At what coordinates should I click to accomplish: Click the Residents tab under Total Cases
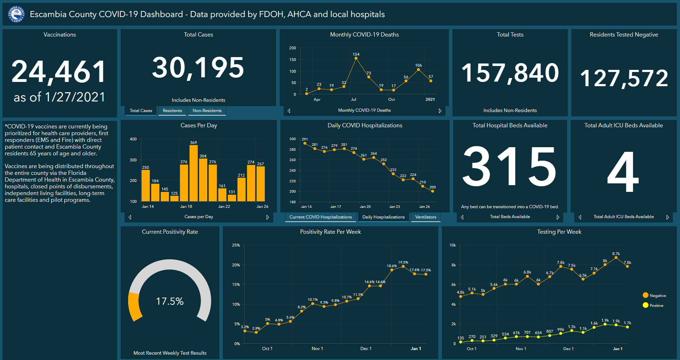tap(172, 111)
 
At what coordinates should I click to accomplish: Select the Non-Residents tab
tap(207, 111)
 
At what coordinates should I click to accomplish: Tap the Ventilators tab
tap(426, 217)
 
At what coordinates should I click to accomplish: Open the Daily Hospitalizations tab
tap(383, 217)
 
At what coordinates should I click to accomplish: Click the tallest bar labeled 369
tap(193, 173)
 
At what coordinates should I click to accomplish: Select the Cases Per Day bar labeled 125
tap(174, 198)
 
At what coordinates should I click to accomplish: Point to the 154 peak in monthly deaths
tap(356, 58)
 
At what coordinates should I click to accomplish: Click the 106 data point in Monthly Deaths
tap(418, 70)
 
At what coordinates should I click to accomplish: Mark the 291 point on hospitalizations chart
tap(305, 143)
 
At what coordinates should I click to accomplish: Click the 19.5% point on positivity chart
tap(403, 266)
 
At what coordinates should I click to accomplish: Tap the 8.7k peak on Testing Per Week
tap(616, 258)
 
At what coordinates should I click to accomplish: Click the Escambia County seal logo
tap(16, 14)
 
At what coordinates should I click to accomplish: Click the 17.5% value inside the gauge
tap(170, 301)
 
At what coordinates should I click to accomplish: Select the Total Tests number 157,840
tap(510, 73)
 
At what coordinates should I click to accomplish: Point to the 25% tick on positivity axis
tap(236, 245)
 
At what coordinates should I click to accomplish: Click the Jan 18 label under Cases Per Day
tap(186, 206)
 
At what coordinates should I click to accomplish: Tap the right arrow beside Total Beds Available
tap(558, 217)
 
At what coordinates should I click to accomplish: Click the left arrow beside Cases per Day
tap(130, 217)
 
